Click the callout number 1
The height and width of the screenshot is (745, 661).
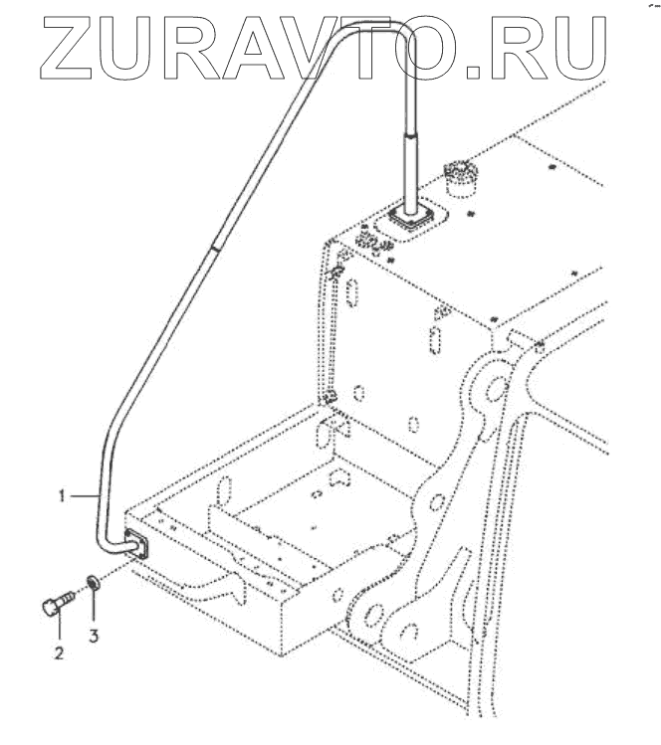62,494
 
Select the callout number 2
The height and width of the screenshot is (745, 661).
59,653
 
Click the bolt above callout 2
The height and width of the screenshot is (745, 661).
58,603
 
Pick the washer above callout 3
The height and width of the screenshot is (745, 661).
92,581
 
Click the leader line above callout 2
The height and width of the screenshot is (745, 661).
58,630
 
